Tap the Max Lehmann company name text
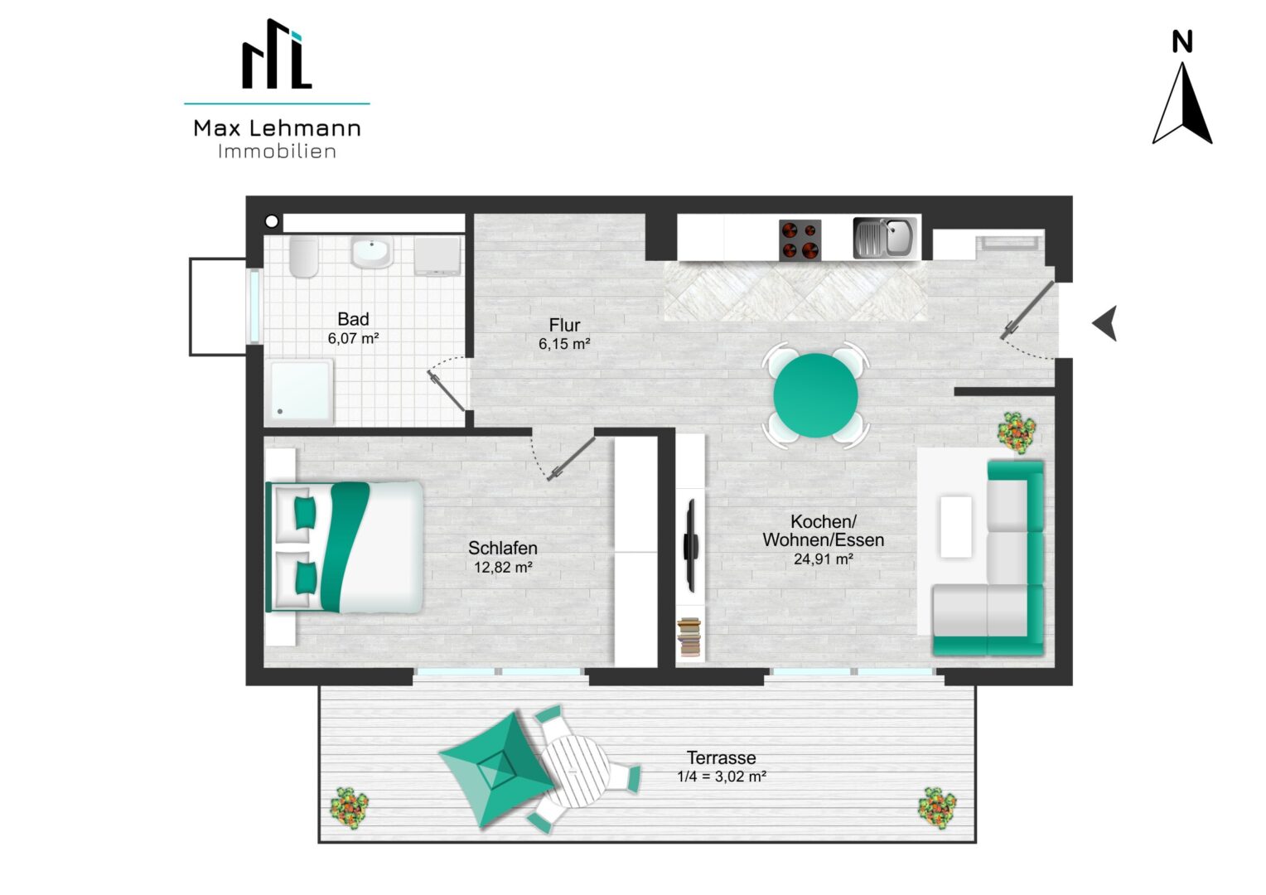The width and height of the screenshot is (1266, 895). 277,128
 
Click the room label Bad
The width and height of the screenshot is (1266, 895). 353,319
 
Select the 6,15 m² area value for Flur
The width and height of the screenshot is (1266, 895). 564,344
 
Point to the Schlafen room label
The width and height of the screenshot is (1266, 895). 502,548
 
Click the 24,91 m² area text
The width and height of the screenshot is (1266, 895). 823,559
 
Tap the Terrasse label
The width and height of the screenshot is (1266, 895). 721,757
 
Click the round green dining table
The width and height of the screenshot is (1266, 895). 815,395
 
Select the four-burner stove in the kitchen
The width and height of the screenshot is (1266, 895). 800,240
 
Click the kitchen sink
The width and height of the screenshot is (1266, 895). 885,238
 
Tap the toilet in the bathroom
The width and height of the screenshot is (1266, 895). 304,256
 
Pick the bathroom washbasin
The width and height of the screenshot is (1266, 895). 371,252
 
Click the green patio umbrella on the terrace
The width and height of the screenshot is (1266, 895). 497,770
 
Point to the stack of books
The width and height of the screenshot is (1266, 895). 689,637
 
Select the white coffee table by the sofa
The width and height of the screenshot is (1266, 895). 956,527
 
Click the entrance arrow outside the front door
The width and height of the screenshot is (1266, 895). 1105,323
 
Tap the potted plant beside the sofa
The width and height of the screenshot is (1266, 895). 1017,433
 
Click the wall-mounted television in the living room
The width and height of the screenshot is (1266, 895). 691,545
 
